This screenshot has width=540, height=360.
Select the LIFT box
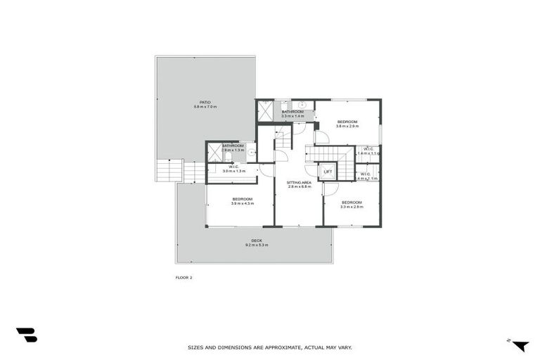click(x=328, y=172)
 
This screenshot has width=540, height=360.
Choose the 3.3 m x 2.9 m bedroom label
click(x=352, y=204)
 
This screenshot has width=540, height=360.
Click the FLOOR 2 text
click(x=184, y=278)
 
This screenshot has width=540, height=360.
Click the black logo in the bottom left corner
click(x=27, y=335)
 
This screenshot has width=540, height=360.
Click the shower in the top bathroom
click(x=266, y=110)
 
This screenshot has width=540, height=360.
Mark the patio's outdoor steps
click(x=170, y=171)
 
